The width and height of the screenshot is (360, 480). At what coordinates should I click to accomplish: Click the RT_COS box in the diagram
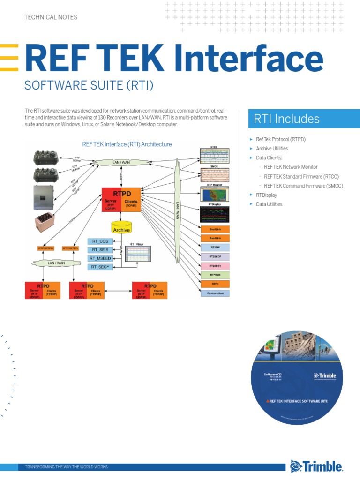pyautogui.click(x=100, y=241)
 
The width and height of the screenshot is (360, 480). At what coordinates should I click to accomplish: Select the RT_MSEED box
pyautogui.click(x=100, y=258)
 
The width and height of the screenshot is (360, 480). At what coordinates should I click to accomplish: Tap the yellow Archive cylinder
pyautogui.click(x=121, y=228)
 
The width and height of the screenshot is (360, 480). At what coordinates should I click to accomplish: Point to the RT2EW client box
pyautogui.click(x=215, y=247)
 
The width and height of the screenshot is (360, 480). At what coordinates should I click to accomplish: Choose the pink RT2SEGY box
pyautogui.click(x=215, y=265)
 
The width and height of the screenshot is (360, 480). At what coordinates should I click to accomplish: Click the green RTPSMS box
pyautogui.click(x=215, y=275)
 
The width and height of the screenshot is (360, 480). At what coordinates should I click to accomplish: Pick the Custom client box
pyautogui.click(x=215, y=293)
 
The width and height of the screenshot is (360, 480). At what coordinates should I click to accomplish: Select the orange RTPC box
pyautogui.click(x=215, y=284)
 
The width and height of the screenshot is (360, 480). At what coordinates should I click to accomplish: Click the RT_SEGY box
pyautogui.click(x=100, y=267)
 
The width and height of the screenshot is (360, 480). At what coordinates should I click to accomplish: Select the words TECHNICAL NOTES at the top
pyautogui.click(x=51, y=17)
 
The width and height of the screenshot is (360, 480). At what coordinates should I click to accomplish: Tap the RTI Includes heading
pyautogui.click(x=286, y=119)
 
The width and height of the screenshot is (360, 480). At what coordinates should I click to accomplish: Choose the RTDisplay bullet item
pyautogui.click(x=266, y=195)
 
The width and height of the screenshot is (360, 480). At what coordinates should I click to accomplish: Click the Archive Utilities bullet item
pyautogui.click(x=272, y=149)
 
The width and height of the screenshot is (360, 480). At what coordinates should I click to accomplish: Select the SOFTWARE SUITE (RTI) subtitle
pyautogui.click(x=89, y=86)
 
